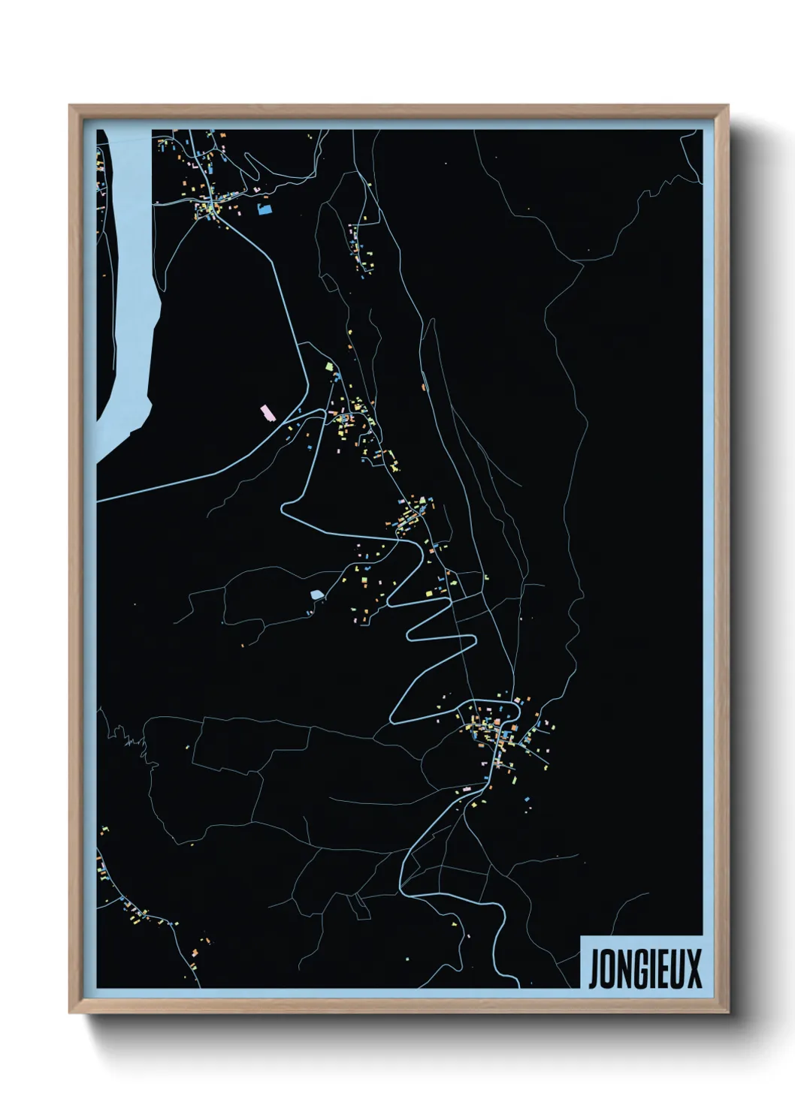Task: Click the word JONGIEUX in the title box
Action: (x=645, y=969)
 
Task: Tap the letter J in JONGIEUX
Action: (x=593, y=970)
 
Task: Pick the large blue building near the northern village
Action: (x=263, y=209)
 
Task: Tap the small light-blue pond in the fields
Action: (x=316, y=595)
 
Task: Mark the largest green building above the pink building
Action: (x=328, y=367)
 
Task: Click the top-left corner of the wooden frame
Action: (x=70, y=106)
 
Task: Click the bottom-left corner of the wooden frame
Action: (x=70, y=1012)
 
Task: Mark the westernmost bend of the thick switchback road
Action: (x=283, y=510)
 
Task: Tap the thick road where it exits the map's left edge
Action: (x=98, y=499)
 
